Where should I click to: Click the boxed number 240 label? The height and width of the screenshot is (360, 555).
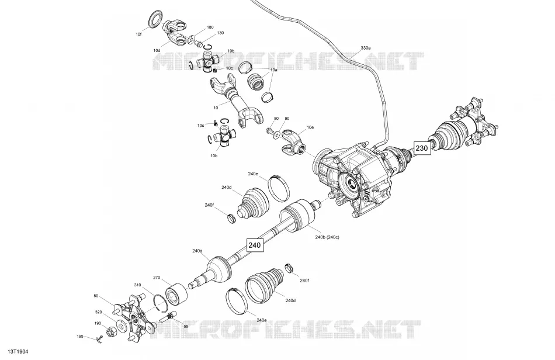(x=255, y=245)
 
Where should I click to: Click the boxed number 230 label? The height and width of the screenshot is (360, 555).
(x=422, y=148)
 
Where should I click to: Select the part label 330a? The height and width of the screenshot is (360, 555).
(x=366, y=47)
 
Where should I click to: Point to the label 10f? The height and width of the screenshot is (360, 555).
(x=138, y=34)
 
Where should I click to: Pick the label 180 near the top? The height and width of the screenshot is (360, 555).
(x=210, y=27)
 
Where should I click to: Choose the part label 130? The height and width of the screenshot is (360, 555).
(x=220, y=33)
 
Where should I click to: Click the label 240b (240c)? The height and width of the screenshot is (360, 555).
(x=327, y=237)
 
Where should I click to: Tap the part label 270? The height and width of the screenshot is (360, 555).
(x=157, y=278)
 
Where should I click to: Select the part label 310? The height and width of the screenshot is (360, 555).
(x=137, y=285)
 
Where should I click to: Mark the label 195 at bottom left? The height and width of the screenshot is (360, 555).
(x=81, y=336)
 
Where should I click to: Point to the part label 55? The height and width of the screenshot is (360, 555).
(x=186, y=326)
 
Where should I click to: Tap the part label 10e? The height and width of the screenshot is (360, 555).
(x=310, y=127)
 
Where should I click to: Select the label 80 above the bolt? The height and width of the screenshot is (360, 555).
(x=276, y=118)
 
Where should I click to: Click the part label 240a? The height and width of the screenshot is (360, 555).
(x=197, y=251)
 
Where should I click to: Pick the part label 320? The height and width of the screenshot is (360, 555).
(x=98, y=312)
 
